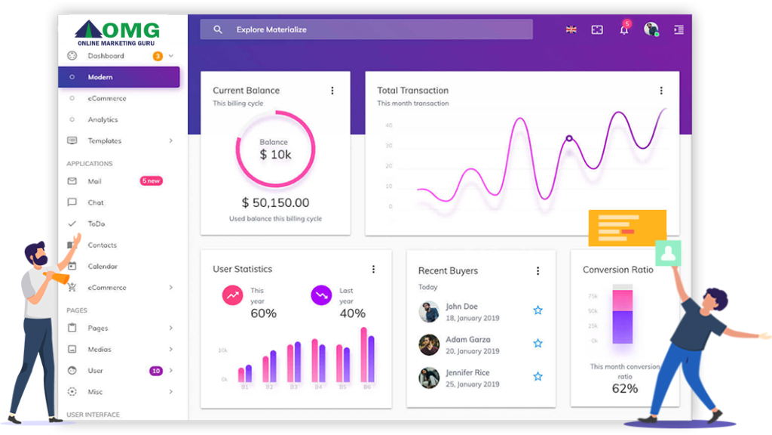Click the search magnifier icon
coord(218,29)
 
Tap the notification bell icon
coord(624,30)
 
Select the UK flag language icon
coord(571,29)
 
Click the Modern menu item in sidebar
coord(100,77)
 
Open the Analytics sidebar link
coord(103,119)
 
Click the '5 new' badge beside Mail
coord(151,181)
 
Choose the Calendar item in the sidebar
coord(103,266)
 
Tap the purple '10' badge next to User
coord(156,371)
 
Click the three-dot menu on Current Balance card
coord(332,91)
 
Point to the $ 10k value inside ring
coord(275,155)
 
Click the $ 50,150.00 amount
coord(275,202)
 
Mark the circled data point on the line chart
coord(569,138)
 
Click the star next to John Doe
coord(538,310)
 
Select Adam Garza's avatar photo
coord(429,344)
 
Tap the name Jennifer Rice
coord(467,372)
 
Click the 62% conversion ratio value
coord(624,388)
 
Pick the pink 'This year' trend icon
coord(231,295)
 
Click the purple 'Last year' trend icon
coord(321,295)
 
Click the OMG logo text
coord(130,31)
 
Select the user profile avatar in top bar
coord(651,29)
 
